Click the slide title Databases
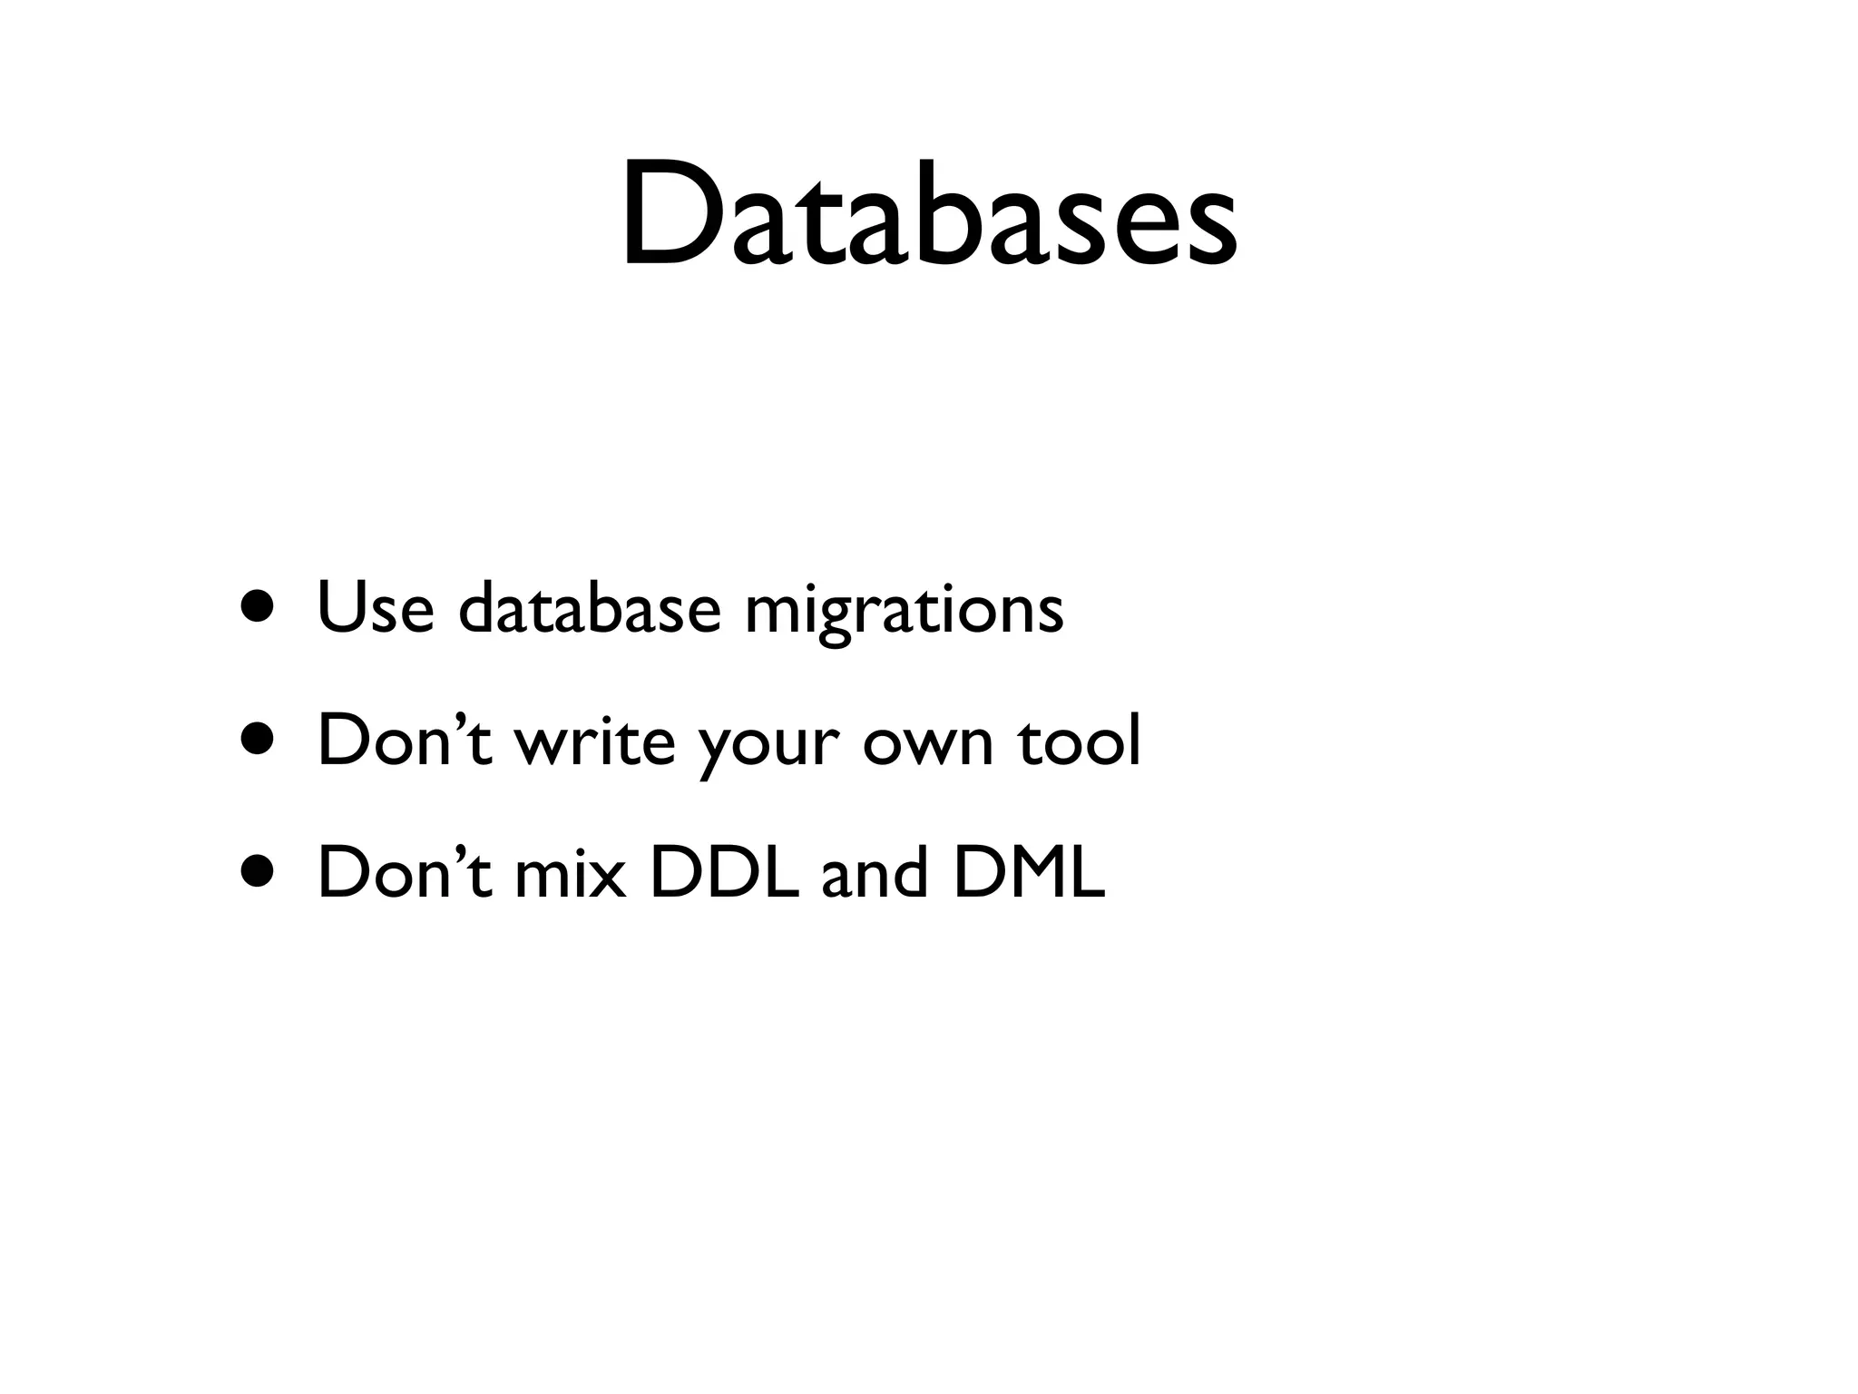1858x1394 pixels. point(928,214)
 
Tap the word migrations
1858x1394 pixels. point(904,610)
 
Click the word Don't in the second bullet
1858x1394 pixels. point(404,740)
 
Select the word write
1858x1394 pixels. point(595,740)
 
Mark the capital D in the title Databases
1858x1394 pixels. point(673,214)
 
